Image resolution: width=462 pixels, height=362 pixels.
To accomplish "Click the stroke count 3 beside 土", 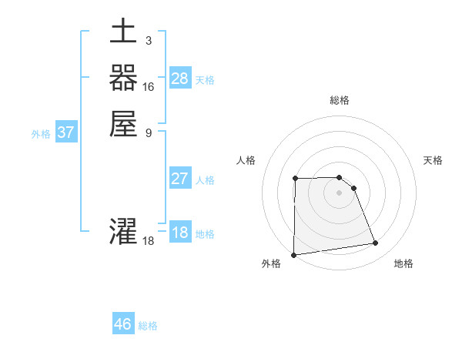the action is coord(148,39).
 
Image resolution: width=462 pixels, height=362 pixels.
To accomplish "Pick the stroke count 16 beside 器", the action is coord(149,86).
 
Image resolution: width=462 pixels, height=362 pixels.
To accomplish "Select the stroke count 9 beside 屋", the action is coord(148,132).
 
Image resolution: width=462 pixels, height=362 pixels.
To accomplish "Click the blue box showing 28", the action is coord(180,78).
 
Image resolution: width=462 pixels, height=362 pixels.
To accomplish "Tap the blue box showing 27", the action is coord(180,179).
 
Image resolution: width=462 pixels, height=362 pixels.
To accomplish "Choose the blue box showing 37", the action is coord(66,132).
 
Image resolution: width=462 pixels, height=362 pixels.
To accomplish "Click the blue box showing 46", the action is coord(123,324).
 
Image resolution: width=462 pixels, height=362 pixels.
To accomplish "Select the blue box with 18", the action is coord(180,233).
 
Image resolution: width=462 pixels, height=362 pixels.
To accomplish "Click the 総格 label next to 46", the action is coord(148,326).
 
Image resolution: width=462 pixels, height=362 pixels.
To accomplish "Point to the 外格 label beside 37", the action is coord(41,134).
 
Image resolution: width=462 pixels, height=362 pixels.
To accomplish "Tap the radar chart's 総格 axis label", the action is coord(340,100).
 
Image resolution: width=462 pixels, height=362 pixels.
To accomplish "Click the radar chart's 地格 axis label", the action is coord(403,263).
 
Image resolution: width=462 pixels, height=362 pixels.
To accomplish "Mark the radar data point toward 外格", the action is coord(293,255).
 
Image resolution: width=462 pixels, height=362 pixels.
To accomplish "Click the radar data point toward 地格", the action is coord(376,243).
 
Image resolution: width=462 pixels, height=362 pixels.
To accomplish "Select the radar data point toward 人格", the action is coord(295,179).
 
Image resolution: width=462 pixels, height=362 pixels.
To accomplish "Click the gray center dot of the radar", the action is coord(340,193).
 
